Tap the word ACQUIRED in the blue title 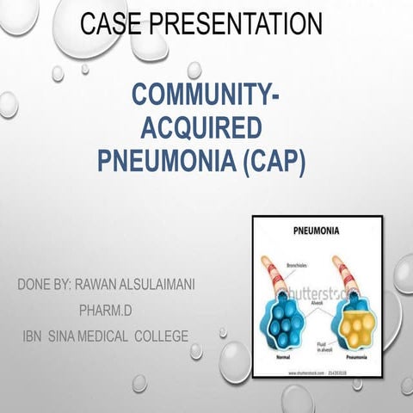point(200,130)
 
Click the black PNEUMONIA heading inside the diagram point(315,231)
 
